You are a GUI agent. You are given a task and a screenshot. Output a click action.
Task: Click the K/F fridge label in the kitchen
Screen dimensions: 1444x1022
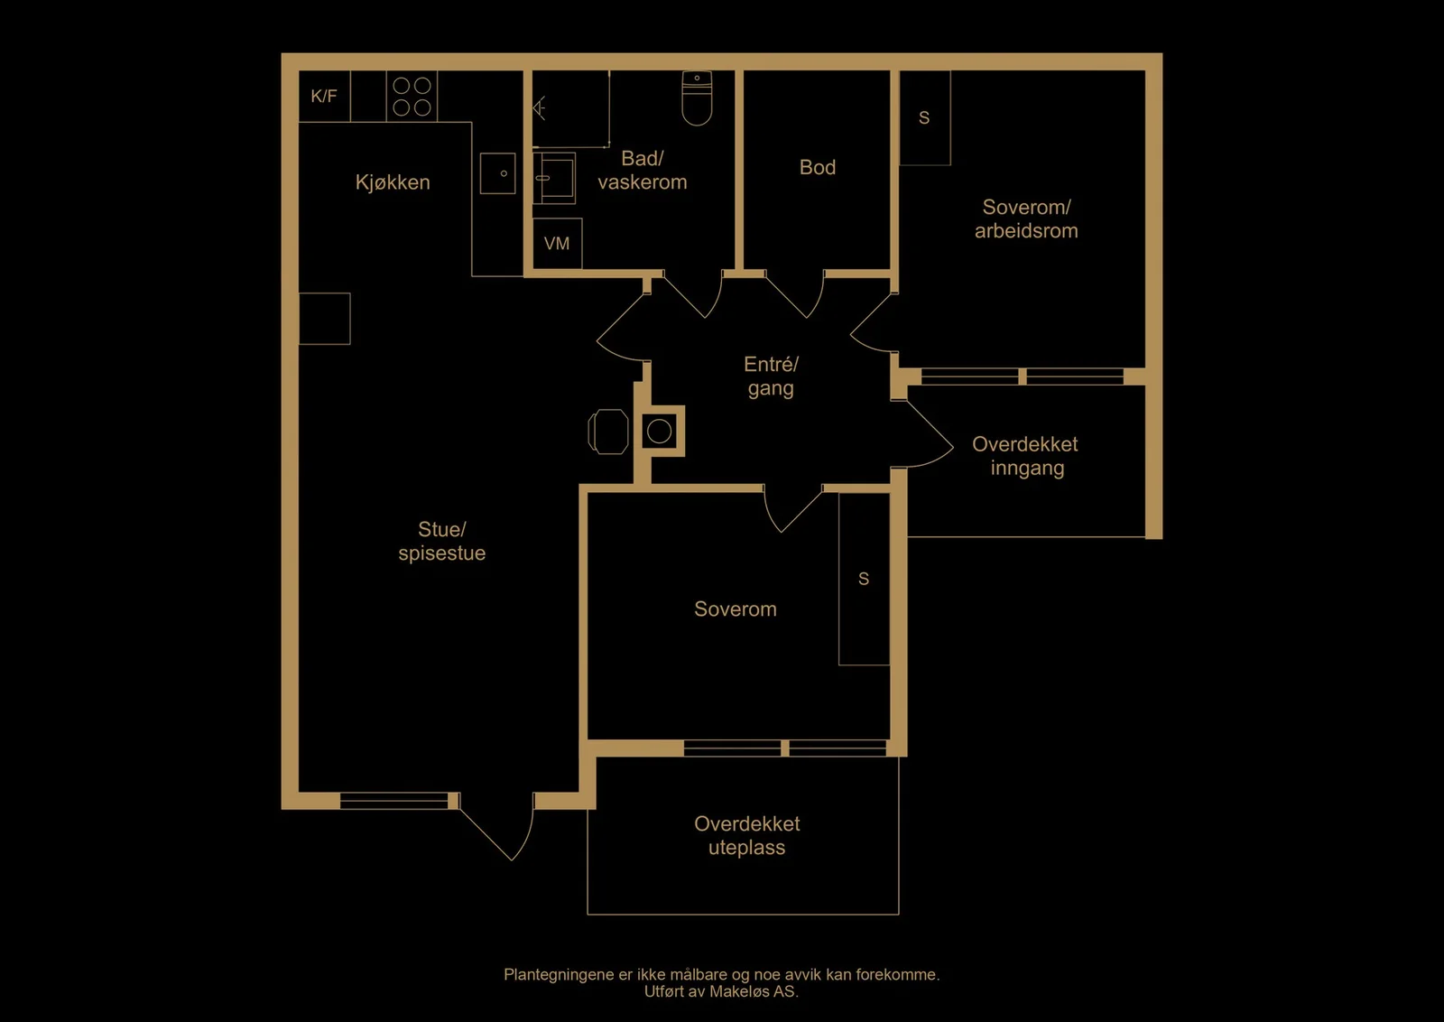(x=324, y=96)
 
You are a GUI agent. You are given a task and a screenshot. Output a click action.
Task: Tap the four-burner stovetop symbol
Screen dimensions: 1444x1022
(x=412, y=96)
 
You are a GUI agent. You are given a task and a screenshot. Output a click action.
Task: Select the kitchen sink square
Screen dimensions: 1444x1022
(x=497, y=172)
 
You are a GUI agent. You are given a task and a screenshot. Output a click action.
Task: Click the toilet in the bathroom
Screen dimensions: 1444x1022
(x=697, y=98)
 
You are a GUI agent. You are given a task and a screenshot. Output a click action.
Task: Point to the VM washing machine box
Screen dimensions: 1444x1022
(x=558, y=244)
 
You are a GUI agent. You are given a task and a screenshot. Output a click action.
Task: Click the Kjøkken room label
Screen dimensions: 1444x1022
(x=393, y=182)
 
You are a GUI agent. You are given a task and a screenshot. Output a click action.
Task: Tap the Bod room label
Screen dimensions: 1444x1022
(x=818, y=168)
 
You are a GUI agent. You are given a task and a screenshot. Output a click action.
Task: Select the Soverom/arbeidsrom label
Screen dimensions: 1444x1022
(x=1026, y=219)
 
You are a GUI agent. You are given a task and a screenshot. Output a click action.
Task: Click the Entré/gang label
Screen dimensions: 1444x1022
(x=771, y=376)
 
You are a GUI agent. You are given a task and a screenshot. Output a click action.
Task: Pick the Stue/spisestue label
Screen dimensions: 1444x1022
(x=441, y=541)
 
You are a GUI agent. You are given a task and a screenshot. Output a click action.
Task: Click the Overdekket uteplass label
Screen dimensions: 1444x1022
(x=747, y=835)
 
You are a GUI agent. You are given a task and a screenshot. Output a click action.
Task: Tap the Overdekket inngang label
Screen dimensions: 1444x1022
(x=1025, y=456)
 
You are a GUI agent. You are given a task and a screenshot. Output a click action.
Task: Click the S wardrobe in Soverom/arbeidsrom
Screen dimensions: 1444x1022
(x=924, y=118)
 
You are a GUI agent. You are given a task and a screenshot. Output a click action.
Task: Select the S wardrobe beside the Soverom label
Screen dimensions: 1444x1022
(x=864, y=579)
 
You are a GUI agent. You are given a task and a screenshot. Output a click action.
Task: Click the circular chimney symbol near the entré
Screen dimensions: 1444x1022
(x=660, y=432)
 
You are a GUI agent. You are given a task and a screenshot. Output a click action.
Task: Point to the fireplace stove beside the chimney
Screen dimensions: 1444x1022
(x=608, y=432)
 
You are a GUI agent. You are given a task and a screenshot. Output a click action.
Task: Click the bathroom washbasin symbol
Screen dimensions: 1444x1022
(x=554, y=178)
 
